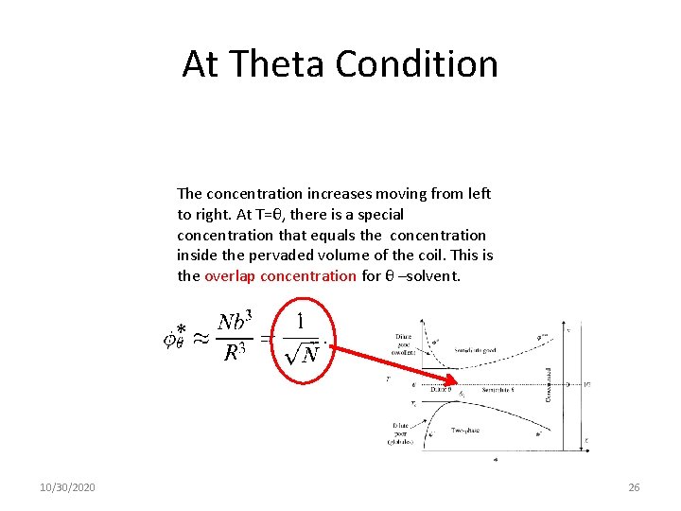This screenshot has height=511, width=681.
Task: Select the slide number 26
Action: pos(634,487)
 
